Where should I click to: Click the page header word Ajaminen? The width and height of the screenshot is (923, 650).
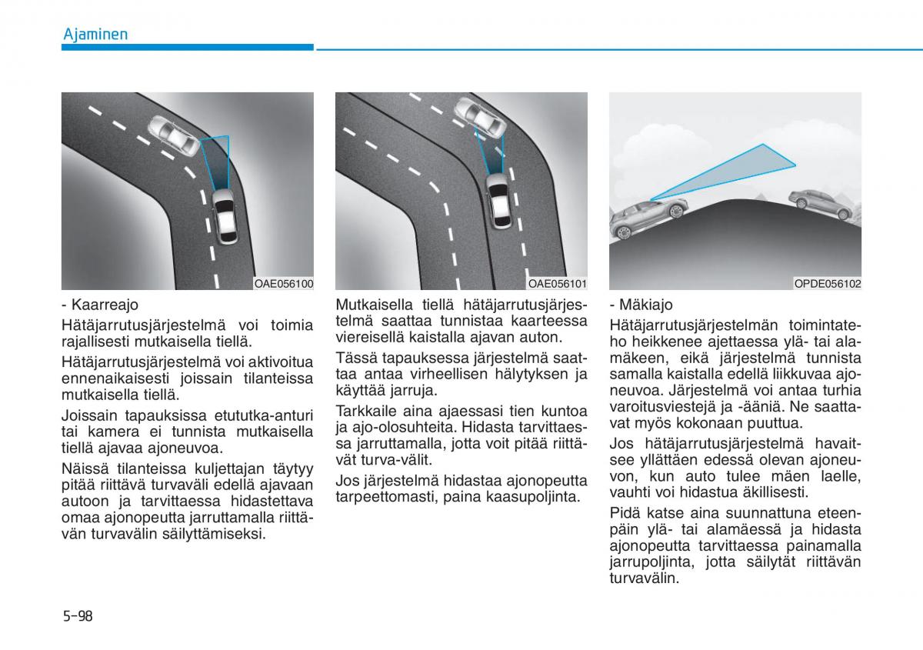click(x=95, y=35)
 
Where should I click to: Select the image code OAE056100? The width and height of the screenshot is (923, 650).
click(x=284, y=284)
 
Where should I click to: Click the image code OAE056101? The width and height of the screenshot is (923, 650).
click(x=557, y=284)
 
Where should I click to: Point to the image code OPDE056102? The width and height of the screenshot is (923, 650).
click(x=828, y=284)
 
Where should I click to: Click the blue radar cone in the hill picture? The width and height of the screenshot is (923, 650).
click(x=731, y=172)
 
